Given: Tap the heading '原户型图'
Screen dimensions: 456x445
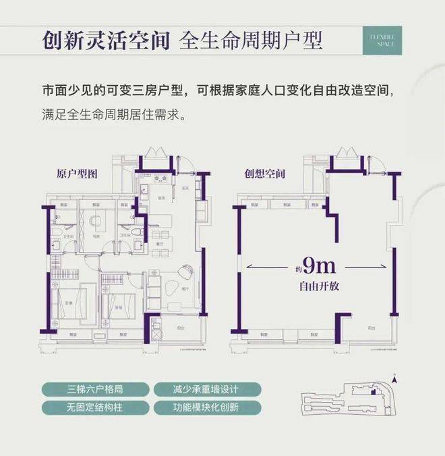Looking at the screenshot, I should [78, 174].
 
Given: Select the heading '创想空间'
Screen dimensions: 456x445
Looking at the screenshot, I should [265, 174].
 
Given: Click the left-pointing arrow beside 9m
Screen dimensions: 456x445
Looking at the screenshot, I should [253, 268].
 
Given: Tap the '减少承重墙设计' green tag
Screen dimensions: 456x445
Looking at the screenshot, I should [196, 389].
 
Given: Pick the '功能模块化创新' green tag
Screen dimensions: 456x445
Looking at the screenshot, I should [196, 408].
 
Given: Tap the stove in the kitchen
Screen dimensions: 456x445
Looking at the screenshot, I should [160, 180].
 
